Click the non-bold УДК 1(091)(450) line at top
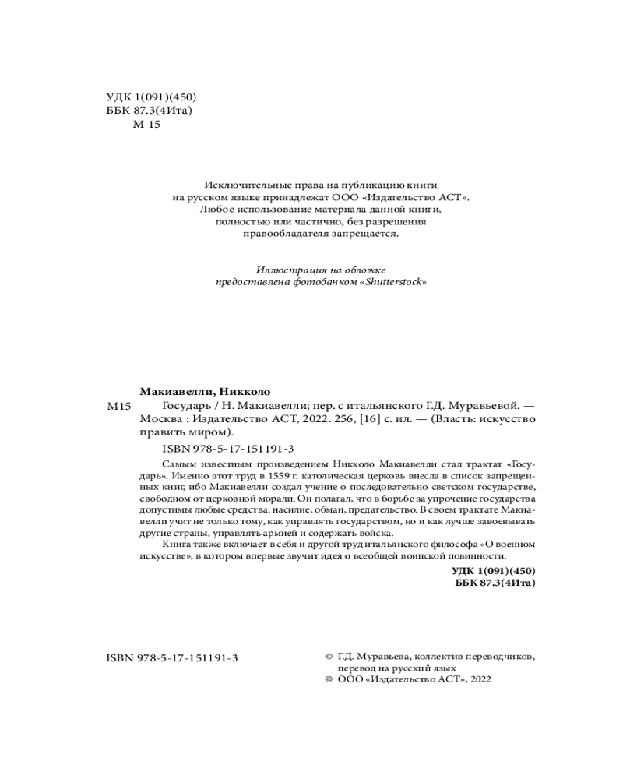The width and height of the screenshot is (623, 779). pyautogui.click(x=150, y=97)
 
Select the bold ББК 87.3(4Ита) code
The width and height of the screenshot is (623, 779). pyautogui.click(x=494, y=582)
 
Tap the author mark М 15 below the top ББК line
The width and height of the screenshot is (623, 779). pyautogui.click(x=146, y=125)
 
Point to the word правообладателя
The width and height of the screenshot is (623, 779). pyautogui.click(x=290, y=234)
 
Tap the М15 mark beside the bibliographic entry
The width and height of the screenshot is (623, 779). pyautogui.click(x=119, y=407)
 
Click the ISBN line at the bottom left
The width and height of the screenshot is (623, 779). pyautogui.click(x=171, y=658)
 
